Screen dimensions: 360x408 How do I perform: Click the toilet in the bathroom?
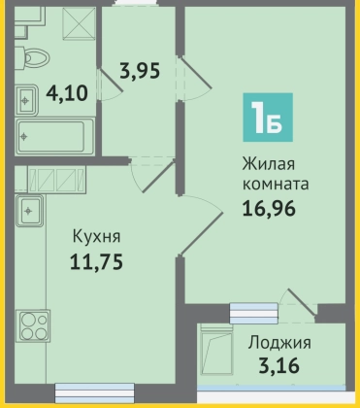[x=32, y=58]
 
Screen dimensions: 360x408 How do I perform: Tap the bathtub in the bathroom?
[x=55, y=136]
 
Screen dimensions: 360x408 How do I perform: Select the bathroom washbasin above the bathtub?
[x=27, y=100]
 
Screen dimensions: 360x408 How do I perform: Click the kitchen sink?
[x=29, y=211]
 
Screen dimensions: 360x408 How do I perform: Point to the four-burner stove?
[x=33, y=325]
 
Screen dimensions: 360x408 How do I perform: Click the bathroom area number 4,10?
[x=67, y=93]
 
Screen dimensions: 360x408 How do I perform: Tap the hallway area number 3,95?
[x=140, y=71]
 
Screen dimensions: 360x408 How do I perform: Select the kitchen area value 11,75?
[x=96, y=261]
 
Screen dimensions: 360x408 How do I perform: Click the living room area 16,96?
[x=269, y=208]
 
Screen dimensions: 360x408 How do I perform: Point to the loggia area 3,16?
[x=278, y=365]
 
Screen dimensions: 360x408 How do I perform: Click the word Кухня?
[x=96, y=236]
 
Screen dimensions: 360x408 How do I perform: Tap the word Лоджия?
[x=279, y=343]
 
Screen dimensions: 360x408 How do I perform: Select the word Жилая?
[x=269, y=164]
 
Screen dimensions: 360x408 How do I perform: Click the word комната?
[x=276, y=185]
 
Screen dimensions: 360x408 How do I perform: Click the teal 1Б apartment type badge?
[x=268, y=118]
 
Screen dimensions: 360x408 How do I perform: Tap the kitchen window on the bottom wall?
[x=94, y=392]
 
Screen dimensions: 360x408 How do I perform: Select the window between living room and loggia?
[x=253, y=313]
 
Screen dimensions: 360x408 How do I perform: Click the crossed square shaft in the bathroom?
[x=80, y=23]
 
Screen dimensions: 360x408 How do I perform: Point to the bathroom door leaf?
[x=111, y=80]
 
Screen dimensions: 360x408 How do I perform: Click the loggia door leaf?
[x=301, y=301]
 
